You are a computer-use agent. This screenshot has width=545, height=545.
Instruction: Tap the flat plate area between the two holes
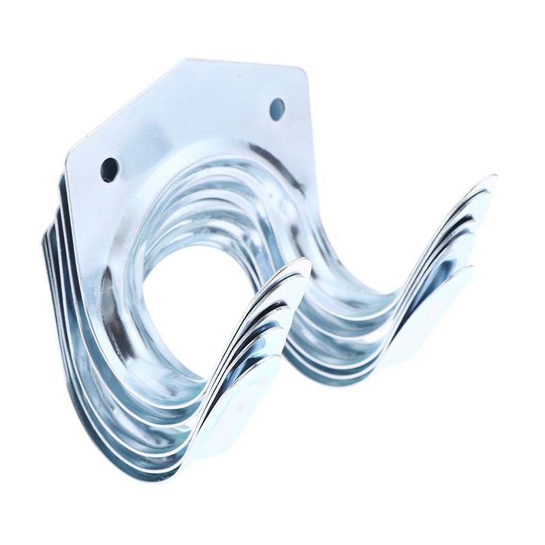(x=198, y=129)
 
